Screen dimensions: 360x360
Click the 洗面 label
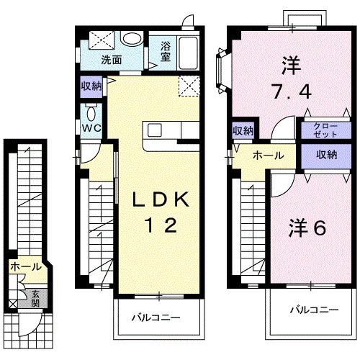point(110,60)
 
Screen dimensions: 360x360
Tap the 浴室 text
point(165,53)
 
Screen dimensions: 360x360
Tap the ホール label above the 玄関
point(25,267)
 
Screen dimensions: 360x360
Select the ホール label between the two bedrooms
point(267,155)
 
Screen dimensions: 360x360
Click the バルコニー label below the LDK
point(155,318)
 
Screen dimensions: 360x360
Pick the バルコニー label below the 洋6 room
point(314,310)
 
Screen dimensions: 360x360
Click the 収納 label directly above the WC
point(91,86)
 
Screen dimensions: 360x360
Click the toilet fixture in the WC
point(91,113)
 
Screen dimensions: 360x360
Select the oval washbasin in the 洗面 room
point(131,39)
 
